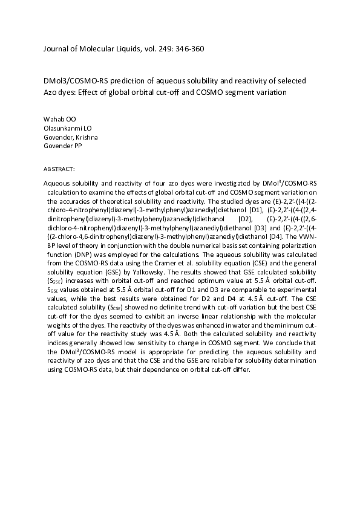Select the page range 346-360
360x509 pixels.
(x=191, y=48)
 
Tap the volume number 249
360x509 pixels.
(x=165, y=48)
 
